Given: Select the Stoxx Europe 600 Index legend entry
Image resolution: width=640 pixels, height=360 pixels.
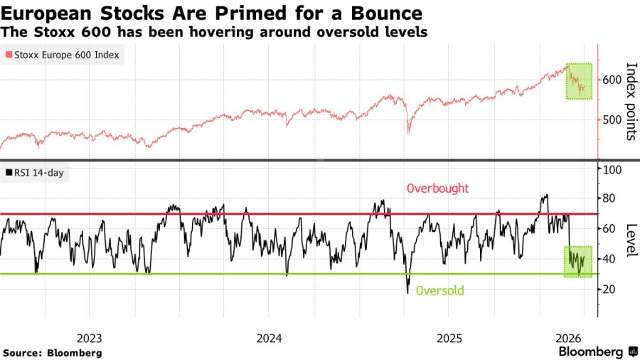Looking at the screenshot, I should point(63,55).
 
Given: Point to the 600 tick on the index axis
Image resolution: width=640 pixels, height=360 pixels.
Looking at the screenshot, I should point(612,80).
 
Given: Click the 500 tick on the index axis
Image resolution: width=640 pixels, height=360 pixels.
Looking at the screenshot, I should point(612,120).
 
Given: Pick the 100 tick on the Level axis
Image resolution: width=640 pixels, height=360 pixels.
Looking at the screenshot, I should point(613,169).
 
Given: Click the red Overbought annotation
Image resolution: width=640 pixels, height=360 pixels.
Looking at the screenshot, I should point(437,189).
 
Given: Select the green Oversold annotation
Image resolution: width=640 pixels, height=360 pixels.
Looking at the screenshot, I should point(439,290).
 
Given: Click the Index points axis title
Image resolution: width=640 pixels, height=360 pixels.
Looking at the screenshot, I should point(630,102).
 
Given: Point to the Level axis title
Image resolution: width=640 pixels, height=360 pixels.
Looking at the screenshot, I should point(630,240).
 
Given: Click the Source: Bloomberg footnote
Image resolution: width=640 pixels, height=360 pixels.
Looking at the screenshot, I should point(53,353).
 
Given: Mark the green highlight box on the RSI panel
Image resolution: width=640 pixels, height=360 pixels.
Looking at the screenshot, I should point(578,261).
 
